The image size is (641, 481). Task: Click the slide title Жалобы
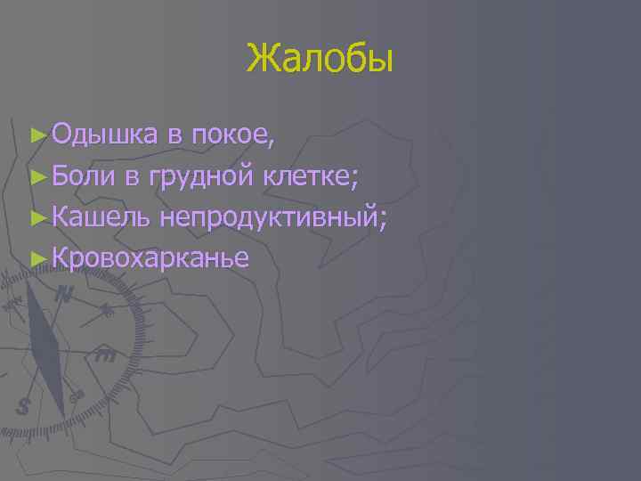coord(320,60)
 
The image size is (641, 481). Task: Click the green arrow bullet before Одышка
coord(37,135)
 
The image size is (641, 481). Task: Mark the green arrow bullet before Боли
coord(37,175)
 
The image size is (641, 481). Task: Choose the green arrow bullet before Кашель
coord(37,216)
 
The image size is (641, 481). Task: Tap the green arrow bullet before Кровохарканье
coord(37,257)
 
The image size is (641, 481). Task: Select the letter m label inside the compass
coord(105,355)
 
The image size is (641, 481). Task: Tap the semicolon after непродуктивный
coord(383,219)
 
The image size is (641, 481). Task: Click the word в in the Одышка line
coord(173,135)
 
